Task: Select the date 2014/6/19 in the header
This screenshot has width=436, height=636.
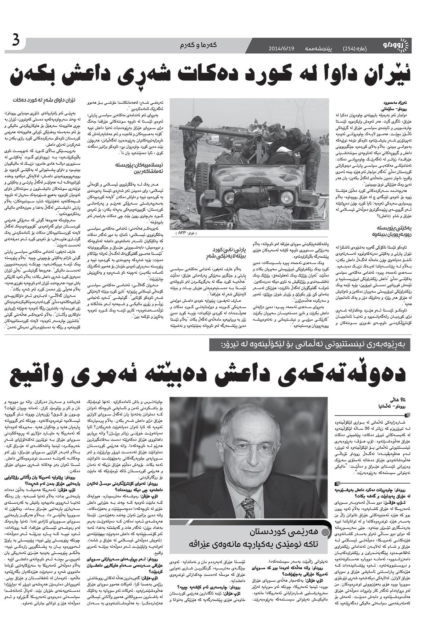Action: click(282, 49)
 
